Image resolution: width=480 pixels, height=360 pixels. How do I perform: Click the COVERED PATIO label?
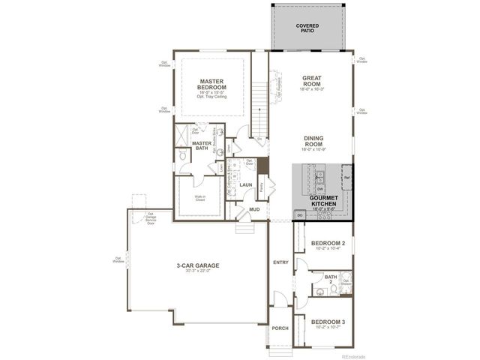click(x=307, y=29)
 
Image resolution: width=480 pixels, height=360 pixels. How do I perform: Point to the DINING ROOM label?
click(x=313, y=141)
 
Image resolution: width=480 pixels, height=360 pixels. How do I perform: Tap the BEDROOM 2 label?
click(x=327, y=244)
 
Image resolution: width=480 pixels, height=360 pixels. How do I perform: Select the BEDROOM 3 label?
click(x=327, y=322)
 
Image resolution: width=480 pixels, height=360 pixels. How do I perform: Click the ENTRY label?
click(x=280, y=262)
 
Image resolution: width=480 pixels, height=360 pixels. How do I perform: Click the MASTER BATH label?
click(x=202, y=145)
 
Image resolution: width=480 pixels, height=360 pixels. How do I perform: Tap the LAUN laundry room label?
click(x=246, y=184)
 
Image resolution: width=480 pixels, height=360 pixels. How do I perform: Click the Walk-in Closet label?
click(x=199, y=199)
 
